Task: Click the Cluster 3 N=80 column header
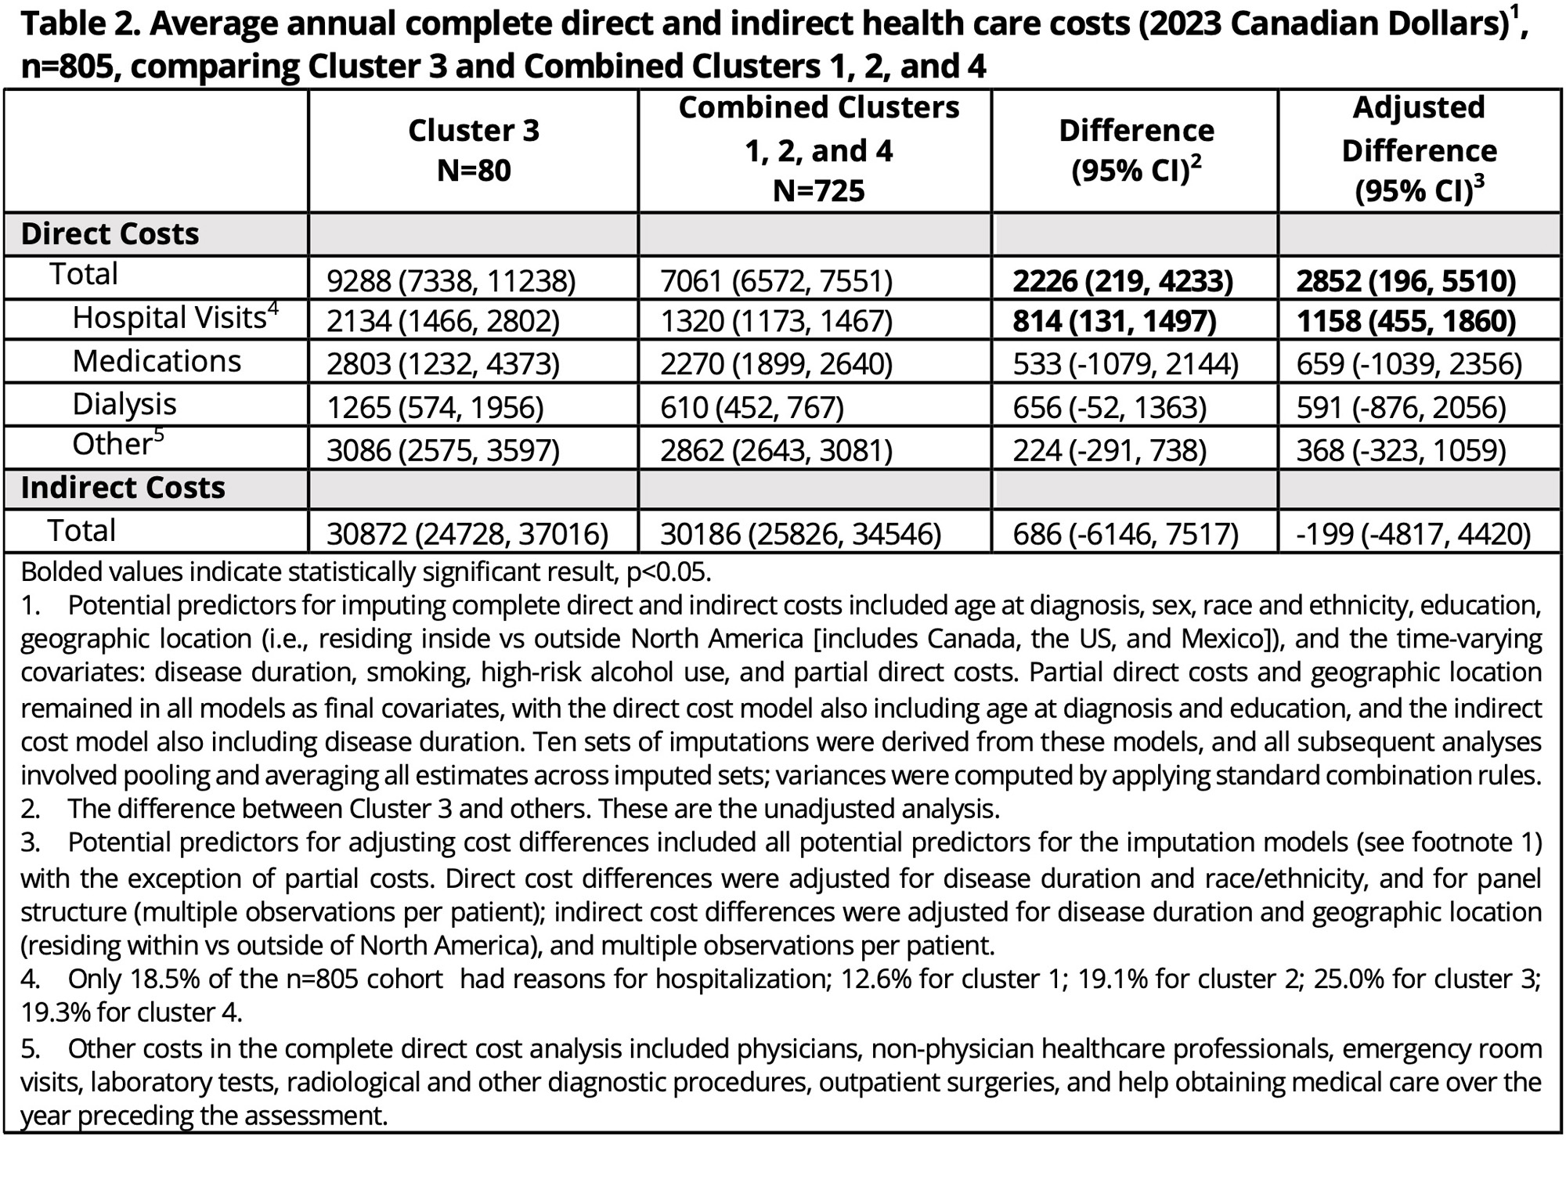click(x=474, y=150)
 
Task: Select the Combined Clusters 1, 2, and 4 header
click(x=818, y=150)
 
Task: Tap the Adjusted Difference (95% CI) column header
click(x=1419, y=150)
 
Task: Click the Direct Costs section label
click(x=110, y=234)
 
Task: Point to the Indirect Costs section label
click(x=123, y=488)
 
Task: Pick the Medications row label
click(x=157, y=362)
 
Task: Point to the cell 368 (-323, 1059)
click(x=1401, y=450)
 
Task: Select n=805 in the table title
click(x=70, y=67)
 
